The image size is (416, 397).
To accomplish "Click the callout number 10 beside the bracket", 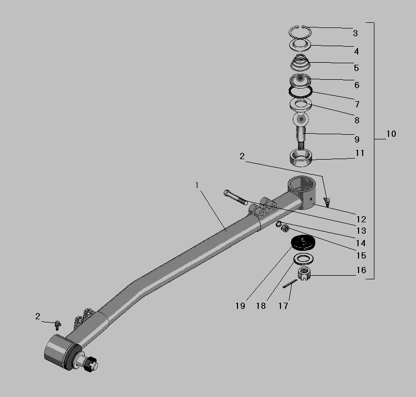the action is coord(391,134).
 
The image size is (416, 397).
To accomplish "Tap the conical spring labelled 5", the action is coord(300,63).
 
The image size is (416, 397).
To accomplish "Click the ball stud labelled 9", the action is coord(301,130).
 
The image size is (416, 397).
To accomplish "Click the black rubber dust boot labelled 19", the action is coord(303,243).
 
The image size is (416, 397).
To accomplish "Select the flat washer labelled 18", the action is coord(303,259).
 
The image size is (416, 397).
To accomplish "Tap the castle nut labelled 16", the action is coord(304,274).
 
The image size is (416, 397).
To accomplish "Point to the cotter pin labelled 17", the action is coord(289,283).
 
